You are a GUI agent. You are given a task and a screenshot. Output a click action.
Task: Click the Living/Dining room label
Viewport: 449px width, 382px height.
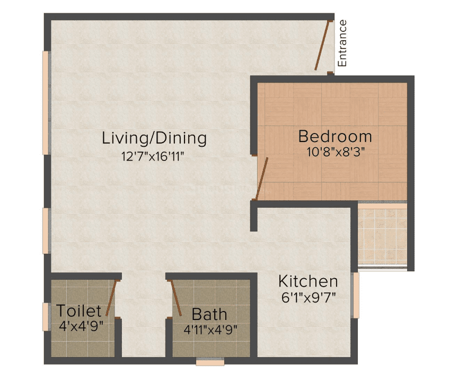pos(154,138)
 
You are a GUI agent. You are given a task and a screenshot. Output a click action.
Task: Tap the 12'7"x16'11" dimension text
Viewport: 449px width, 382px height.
pos(153,156)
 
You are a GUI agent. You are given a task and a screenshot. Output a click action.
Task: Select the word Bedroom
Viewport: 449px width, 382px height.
pos(335,136)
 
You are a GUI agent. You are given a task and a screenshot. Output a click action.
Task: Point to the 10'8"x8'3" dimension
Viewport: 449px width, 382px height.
pos(336,152)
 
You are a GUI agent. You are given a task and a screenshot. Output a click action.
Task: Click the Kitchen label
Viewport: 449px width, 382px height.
pos(308,281)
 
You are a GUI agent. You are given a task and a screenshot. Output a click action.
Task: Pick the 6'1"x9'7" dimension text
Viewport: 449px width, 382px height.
pos(309,298)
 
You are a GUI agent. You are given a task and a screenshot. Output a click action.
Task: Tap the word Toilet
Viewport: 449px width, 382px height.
pos(79,311)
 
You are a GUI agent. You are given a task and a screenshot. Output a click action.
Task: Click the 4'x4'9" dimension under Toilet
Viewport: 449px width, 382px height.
pos(81,326)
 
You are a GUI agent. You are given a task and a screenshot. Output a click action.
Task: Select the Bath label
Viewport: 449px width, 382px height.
pos(209,315)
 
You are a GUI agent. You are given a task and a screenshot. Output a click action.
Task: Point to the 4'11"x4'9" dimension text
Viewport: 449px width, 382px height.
pos(210,330)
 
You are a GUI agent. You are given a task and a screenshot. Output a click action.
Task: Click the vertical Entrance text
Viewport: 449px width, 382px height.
pos(342,43)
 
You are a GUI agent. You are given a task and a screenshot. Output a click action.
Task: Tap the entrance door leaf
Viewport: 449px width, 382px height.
pos(322,45)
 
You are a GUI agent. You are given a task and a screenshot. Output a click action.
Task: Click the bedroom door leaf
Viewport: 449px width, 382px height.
pos(262,179)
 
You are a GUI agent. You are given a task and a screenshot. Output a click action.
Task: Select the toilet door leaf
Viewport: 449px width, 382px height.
pos(111,298)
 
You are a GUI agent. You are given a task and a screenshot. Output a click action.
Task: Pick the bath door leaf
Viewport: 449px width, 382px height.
pos(176,298)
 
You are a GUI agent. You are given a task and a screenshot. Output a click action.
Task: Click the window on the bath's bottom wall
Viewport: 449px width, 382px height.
pos(210,362)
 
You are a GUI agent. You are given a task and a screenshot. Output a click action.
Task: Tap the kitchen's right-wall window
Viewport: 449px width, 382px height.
pos(355,295)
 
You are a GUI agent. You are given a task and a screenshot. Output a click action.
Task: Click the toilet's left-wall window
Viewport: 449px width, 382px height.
pos(47,317)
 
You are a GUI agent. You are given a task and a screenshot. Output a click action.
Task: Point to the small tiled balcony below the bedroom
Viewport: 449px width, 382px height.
pos(382,235)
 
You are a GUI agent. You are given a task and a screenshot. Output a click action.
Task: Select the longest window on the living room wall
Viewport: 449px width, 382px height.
pos(47,103)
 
